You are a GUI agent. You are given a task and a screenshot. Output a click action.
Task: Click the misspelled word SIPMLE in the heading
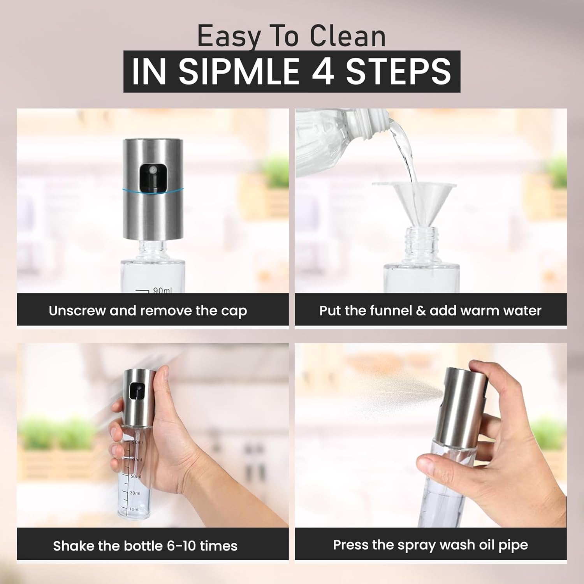[238, 71]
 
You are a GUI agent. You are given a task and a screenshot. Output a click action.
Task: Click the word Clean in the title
[348, 37]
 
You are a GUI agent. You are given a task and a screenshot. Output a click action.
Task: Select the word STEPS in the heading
[398, 71]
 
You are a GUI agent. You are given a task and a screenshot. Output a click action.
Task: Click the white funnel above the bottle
[414, 199]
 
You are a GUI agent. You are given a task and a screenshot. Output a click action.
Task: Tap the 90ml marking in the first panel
[162, 290]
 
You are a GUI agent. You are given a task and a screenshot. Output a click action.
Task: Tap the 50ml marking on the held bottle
[135, 476]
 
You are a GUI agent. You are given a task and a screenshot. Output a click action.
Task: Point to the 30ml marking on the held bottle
[134, 493]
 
